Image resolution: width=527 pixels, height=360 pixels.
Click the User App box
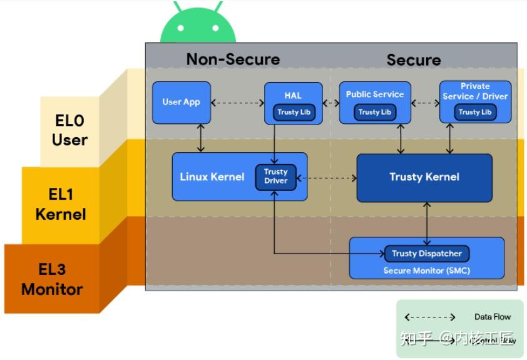(182, 102)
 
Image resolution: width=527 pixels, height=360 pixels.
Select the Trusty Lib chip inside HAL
(293, 113)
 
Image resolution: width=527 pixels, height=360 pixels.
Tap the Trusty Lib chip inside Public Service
(374, 112)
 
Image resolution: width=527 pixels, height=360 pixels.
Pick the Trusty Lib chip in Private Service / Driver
(474, 112)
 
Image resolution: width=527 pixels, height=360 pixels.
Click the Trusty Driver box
(275, 177)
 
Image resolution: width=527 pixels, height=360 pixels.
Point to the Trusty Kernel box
(424, 177)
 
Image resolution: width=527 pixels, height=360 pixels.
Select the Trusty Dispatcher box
(426, 254)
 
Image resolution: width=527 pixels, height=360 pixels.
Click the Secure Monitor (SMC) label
(426, 270)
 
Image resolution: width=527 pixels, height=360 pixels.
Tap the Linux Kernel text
(212, 177)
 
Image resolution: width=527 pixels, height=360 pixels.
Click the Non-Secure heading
(233, 59)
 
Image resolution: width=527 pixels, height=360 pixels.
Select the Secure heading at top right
(413, 60)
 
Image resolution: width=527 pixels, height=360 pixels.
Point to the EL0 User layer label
(69, 130)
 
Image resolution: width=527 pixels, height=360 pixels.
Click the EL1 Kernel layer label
(60, 205)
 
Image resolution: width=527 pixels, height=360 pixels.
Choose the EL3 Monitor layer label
(52, 279)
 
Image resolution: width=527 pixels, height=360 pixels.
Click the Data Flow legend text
(493, 317)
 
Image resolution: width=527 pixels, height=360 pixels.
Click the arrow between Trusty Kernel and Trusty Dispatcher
(427, 224)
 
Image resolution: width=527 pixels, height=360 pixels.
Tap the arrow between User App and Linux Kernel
(200, 138)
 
